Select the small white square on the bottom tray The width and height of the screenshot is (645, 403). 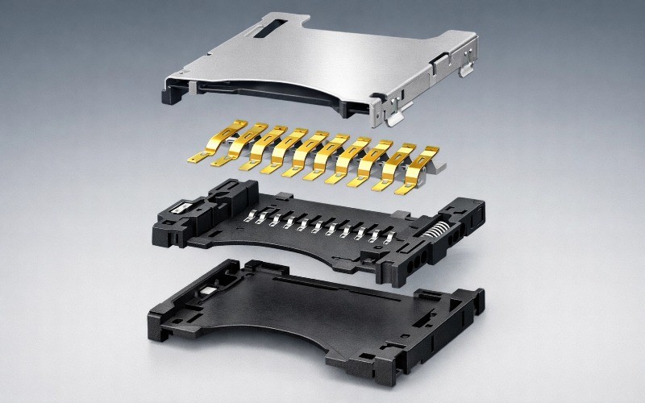[212, 293]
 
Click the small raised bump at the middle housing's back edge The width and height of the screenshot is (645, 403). [283, 196]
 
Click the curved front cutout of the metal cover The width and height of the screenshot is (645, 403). [290, 93]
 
